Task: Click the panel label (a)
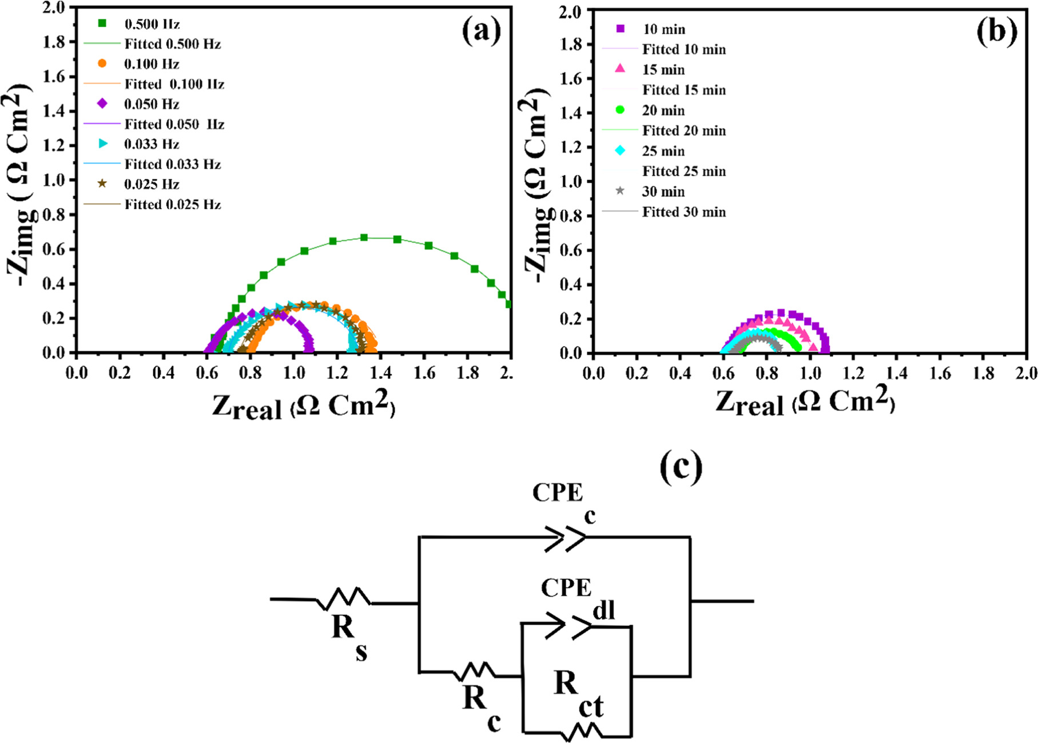[481, 30]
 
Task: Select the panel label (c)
[681, 468]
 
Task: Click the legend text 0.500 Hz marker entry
[152, 24]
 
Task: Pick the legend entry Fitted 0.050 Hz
[174, 124]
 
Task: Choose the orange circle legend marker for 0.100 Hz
[102, 63]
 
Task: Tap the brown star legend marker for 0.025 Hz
[102, 184]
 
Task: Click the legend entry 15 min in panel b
[663, 70]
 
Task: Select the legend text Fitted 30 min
[684, 212]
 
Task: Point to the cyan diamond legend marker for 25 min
[620, 151]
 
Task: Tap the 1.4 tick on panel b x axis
[896, 374]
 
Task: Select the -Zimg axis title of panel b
[537, 189]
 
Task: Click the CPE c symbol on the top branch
[565, 539]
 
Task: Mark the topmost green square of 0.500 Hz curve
[363, 237]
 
